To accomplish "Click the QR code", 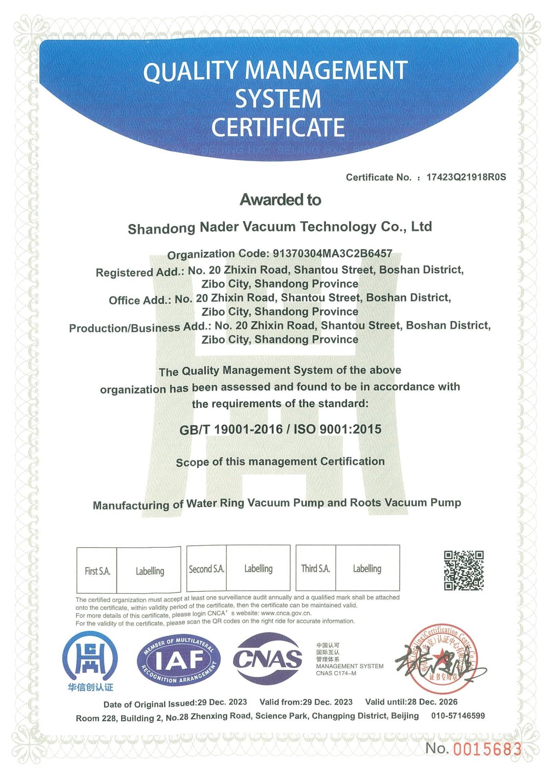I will point(463,570).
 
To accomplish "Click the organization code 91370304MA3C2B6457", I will point(332,254).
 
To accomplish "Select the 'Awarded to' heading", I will point(280,200).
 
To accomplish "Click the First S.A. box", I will point(97,571).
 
